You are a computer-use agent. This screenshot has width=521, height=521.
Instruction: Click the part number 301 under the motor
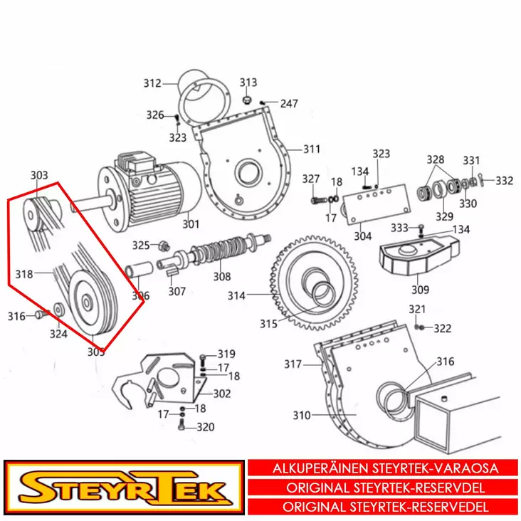pyautogui.click(x=191, y=224)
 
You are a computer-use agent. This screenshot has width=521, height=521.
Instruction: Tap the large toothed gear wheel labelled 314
pyautogui.click(x=315, y=283)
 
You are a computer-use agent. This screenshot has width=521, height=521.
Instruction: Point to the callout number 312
pyautogui.click(x=152, y=83)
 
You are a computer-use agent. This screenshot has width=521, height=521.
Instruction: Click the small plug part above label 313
pyautogui.click(x=246, y=100)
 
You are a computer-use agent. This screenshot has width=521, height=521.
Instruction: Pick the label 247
pyautogui.click(x=289, y=104)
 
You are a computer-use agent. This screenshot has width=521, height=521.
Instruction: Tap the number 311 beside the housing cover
pyautogui.click(x=312, y=149)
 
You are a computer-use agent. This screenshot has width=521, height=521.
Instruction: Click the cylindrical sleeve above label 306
pyautogui.click(x=139, y=269)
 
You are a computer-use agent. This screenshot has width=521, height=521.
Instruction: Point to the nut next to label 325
pyautogui.click(x=164, y=246)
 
